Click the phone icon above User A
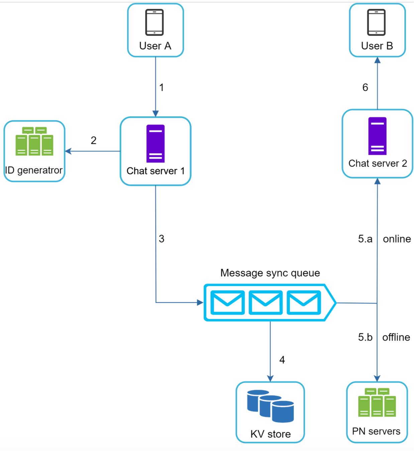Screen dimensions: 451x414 (x=154, y=22)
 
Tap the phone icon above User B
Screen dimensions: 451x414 (x=376, y=22)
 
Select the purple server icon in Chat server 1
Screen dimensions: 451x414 (x=156, y=143)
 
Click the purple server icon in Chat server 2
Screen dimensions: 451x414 (x=377, y=136)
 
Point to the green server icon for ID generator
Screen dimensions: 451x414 (x=34, y=141)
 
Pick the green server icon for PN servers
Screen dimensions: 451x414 (x=377, y=402)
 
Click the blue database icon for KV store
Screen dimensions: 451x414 (x=270, y=406)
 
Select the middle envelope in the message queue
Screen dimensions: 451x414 (x=266, y=303)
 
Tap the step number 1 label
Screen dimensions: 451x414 (x=162, y=87)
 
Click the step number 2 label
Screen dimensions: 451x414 (x=94, y=140)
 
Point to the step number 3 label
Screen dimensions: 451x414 (x=162, y=239)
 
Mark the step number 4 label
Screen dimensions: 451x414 (x=282, y=360)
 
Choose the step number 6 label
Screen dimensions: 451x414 (x=365, y=87)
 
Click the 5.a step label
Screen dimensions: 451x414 (x=365, y=239)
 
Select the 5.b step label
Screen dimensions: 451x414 (x=365, y=337)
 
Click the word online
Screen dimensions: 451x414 (x=397, y=239)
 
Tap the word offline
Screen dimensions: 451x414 (x=396, y=337)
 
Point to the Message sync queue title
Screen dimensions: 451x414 (x=270, y=273)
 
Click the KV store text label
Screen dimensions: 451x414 (x=271, y=434)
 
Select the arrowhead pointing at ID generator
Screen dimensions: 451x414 (x=68, y=151)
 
